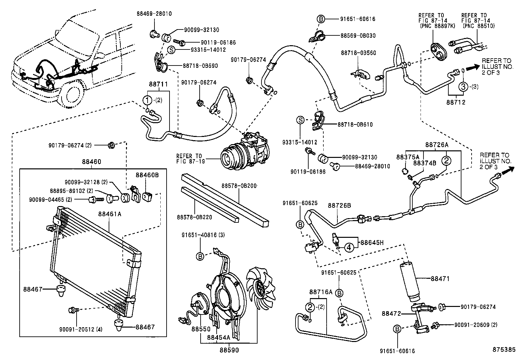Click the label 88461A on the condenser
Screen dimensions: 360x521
coord(110,214)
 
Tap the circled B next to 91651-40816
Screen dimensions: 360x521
coord(200,256)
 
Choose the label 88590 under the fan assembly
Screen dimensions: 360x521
coord(229,350)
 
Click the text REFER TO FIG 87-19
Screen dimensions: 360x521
coord(189,159)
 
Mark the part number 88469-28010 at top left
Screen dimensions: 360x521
coord(154,14)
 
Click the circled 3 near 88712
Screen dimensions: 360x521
coord(463,86)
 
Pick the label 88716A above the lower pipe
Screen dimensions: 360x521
coord(321,292)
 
